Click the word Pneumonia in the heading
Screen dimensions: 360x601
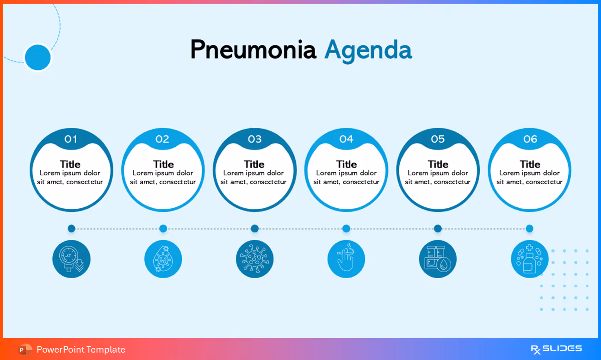tap(253, 50)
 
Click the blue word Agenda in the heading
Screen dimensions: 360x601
tap(368, 50)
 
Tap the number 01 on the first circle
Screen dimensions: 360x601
tap(71, 139)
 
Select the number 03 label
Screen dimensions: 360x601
tap(254, 139)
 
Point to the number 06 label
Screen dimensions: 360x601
tap(530, 139)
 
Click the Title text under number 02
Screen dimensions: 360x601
tap(163, 164)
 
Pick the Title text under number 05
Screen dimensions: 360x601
tap(438, 164)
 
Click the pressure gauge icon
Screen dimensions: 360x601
tap(71, 259)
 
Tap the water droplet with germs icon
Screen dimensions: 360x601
tap(163, 259)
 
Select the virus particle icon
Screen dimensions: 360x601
tap(254, 259)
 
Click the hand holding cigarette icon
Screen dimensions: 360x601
tap(346, 259)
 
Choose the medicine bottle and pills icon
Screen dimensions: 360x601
tap(529, 259)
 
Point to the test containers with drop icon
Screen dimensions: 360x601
tap(438, 259)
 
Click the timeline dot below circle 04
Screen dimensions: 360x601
tap(346, 229)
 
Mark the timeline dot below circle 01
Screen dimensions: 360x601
tap(71, 229)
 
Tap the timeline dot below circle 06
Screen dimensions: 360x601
tap(529, 229)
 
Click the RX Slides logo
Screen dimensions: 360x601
tap(556, 349)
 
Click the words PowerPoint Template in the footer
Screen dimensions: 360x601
tap(81, 349)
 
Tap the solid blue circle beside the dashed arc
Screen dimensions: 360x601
tap(37, 57)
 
